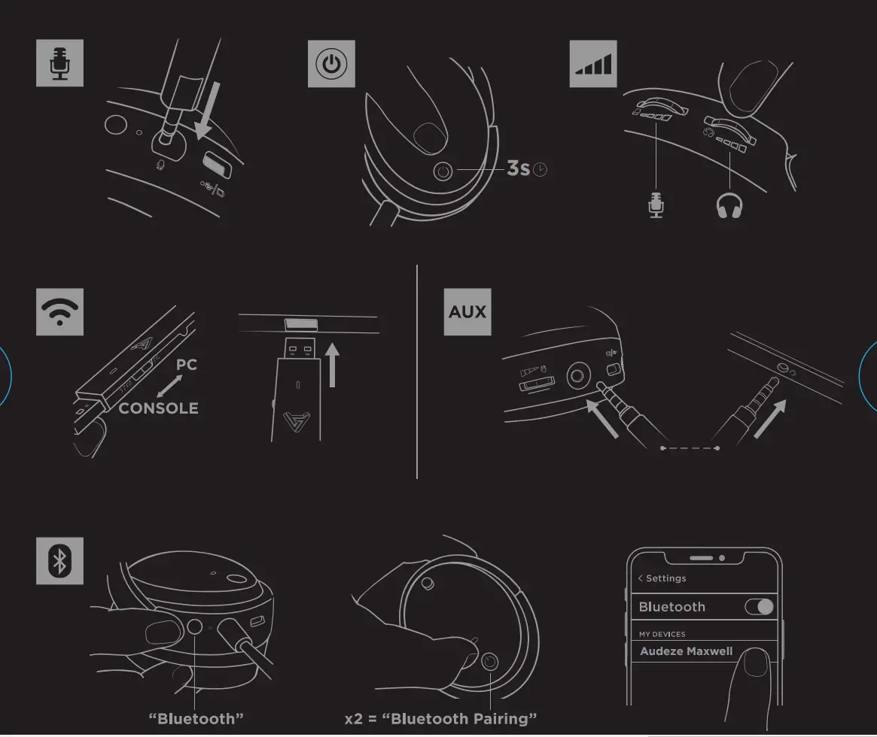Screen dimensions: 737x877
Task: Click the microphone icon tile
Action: tap(59, 63)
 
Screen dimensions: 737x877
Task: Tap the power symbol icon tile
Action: tap(331, 64)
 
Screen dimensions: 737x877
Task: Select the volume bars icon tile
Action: tap(593, 64)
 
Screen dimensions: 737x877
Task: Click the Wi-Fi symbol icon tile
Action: tap(59, 311)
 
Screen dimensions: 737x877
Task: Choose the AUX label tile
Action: tap(467, 311)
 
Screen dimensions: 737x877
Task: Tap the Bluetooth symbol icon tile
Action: tap(59, 560)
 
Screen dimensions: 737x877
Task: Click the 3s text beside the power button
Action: tap(518, 168)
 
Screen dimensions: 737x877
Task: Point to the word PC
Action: tap(187, 365)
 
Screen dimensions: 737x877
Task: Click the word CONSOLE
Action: tap(159, 408)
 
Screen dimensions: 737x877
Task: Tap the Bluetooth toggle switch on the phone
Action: tap(759, 607)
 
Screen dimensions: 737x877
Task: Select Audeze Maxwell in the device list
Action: tap(686, 651)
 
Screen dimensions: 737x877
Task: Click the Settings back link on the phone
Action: tap(662, 578)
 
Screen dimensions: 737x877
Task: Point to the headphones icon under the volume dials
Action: tap(729, 205)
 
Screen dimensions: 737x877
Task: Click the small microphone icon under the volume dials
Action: tap(656, 205)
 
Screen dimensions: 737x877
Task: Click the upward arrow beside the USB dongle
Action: tap(332, 365)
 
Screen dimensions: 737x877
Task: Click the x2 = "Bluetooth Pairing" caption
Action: tap(440, 719)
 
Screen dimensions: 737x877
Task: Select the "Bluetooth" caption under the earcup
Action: tap(196, 719)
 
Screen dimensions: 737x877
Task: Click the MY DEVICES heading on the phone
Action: tap(662, 634)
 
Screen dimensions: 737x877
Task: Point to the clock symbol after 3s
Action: tap(540, 170)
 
